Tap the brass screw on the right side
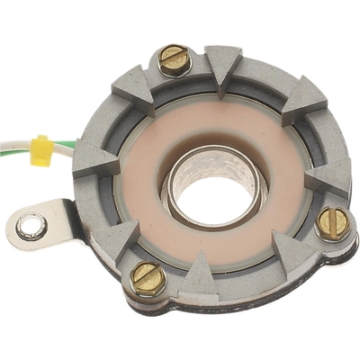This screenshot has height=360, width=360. click(332, 222)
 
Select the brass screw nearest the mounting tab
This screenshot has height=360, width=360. click(145, 275)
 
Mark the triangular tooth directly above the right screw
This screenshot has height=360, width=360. click(324, 175)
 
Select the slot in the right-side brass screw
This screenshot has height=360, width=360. click(332, 222)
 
